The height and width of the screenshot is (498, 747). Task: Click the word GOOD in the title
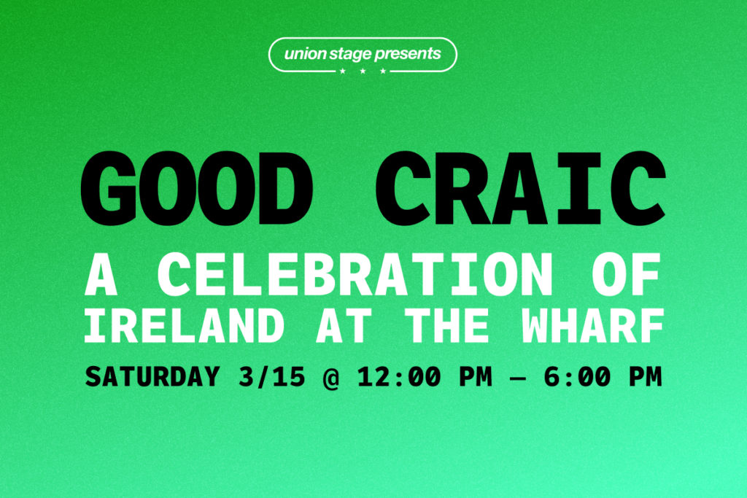pos(196,188)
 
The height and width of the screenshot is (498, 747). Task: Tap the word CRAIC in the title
pos(520,188)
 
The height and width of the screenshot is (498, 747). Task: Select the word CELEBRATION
pos(355,275)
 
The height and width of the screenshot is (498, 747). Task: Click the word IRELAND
pos(184,325)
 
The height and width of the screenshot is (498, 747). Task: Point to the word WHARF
pos(593,325)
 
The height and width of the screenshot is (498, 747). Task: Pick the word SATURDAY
pos(152,376)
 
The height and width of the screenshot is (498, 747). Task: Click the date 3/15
pos(271,376)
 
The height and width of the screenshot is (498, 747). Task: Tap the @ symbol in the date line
pos(331,378)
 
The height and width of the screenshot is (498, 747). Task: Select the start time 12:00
pos(399,376)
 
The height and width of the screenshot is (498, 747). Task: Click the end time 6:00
pos(577,376)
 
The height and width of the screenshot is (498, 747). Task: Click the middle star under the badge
pos(363,71)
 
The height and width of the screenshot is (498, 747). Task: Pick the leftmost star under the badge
pos(343,71)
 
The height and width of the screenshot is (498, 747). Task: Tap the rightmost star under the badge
pos(383,71)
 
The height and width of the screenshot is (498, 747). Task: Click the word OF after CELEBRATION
pos(627,275)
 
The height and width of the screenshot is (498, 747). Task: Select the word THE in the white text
pos(446,325)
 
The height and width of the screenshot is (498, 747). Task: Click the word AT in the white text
pos(344,325)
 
